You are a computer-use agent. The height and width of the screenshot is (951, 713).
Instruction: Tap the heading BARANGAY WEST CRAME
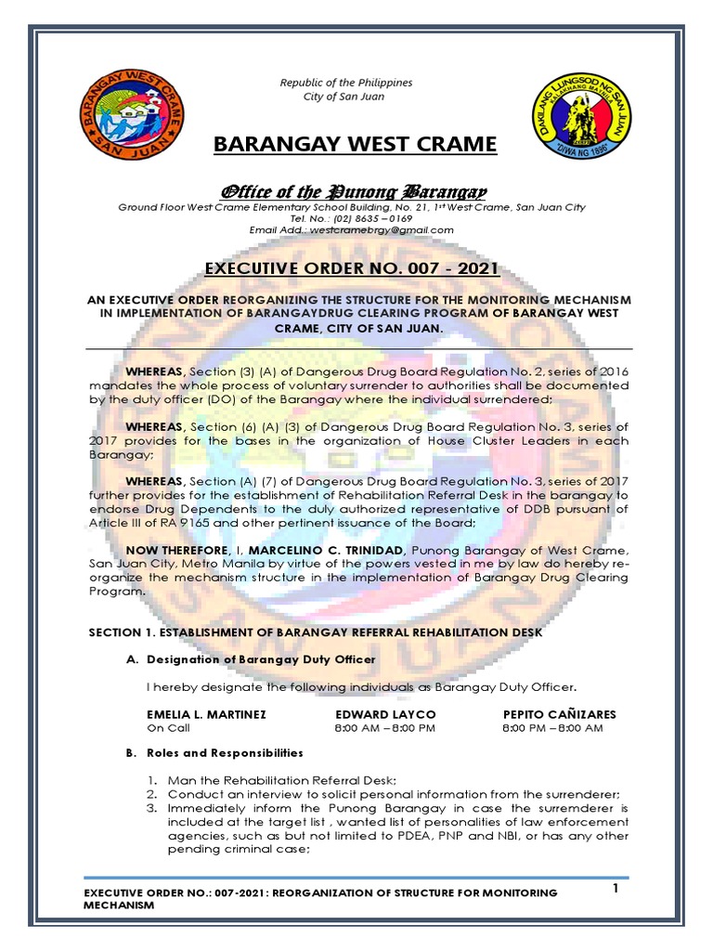[x=356, y=145]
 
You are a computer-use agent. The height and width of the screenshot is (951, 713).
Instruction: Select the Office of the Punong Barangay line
[x=352, y=191]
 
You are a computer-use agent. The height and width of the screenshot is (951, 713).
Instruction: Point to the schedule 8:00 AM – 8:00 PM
[x=384, y=728]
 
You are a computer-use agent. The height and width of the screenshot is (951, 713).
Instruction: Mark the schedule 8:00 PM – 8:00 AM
[x=551, y=728]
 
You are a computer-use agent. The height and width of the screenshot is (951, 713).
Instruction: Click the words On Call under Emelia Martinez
[x=168, y=728]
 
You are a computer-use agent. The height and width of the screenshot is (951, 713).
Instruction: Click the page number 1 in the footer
[x=615, y=890]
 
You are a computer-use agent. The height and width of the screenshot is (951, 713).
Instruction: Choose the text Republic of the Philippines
[x=345, y=84]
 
